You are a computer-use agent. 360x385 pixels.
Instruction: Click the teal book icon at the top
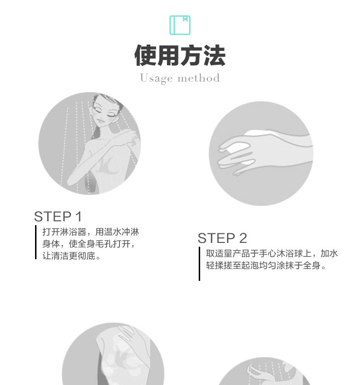click(x=180, y=25)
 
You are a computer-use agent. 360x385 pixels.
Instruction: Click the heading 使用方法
click(x=180, y=55)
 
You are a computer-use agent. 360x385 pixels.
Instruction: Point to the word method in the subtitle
click(x=198, y=78)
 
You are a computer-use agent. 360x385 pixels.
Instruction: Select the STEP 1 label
click(x=58, y=217)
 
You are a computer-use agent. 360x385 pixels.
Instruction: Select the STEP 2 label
click(x=222, y=238)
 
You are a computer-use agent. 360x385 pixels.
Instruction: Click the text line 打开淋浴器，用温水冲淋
click(x=91, y=232)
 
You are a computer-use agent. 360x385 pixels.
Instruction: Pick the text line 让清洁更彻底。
click(x=72, y=256)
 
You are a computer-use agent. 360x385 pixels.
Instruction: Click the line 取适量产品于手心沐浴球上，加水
click(x=272, y=253)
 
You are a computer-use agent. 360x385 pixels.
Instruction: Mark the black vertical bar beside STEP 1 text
click(x=36, y=242)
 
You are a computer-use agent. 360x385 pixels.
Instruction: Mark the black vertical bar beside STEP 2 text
click(x=199, y=264)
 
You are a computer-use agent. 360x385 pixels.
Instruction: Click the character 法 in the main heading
click(x=214, y=55)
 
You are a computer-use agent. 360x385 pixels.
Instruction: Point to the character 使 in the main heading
click(x=145, y=55)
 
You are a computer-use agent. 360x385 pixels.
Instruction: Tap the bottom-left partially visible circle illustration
click(x=113, y=355)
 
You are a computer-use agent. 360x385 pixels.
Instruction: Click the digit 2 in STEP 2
click(x=242, y=238)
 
